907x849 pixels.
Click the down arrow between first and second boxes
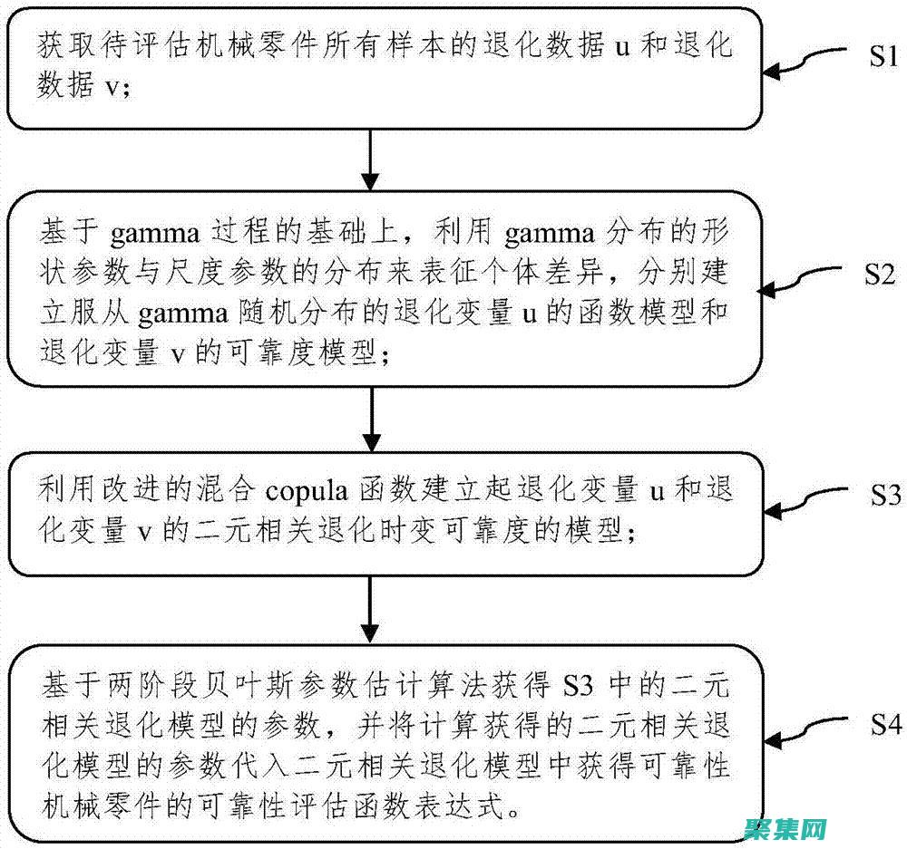tap(368, 163)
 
